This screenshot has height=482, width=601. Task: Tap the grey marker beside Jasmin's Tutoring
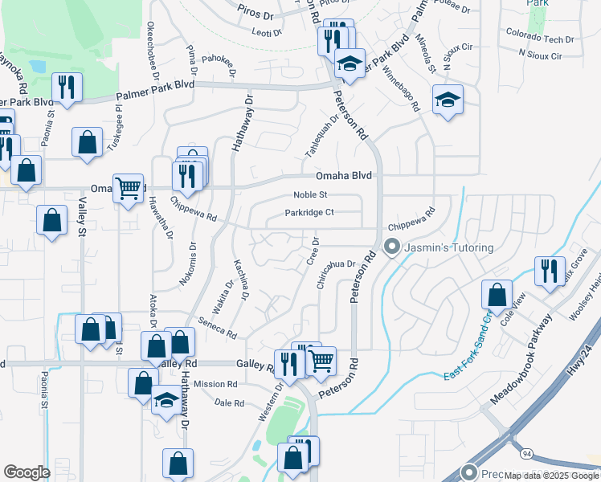pos(392,247)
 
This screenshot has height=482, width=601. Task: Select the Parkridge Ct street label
pos(309,213)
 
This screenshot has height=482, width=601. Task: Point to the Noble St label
pos(310,194)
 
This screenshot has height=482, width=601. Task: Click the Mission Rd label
pos(215,384)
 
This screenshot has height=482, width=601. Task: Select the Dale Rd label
pos(229,403)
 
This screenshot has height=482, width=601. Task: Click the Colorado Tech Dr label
pos(540,37)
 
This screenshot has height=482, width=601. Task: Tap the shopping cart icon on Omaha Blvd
pos(129,188)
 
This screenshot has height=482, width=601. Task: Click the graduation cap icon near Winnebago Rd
pos(448,100)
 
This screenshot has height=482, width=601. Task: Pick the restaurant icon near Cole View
pos(550,271)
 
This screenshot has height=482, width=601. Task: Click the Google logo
pos(27,472)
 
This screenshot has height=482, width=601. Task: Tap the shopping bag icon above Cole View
pos(497,295)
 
